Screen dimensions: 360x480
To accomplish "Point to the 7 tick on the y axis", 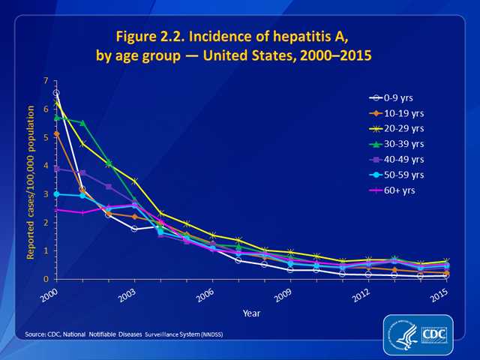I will (x=46, y=81).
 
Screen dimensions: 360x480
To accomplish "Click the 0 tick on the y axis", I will (x=46, y=279).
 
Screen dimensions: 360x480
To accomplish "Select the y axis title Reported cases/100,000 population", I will (x=32, y=180).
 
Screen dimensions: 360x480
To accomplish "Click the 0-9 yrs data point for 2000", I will (x=56, y=93).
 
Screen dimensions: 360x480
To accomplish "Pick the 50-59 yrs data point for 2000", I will (x=56, y=194).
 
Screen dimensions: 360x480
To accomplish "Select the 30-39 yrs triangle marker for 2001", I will (x=82, y=123).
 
